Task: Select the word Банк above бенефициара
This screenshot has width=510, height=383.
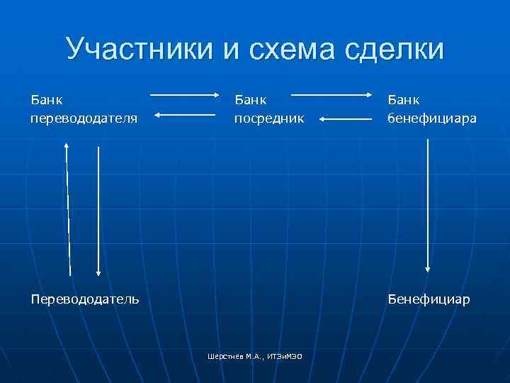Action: tap(404, 99)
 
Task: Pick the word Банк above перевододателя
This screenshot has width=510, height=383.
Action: tap(47, 99)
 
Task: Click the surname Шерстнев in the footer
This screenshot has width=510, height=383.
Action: tap(223, 355)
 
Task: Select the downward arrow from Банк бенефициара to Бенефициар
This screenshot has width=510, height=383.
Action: tap(428, 206)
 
